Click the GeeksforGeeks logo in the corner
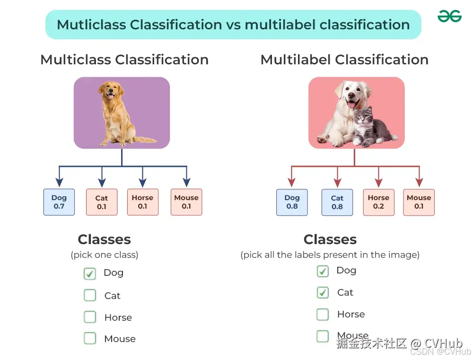pos(449,17)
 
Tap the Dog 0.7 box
pos(59,202)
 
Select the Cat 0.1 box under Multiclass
pos(102,202)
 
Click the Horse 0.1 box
pos(142,202)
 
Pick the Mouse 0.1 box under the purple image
pos(186,202)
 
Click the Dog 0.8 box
pos(292,202)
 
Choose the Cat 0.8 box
pos(337,202)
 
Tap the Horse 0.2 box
pos(378,202)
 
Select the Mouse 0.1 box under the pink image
pos(419,202)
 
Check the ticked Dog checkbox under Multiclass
pos(89,273)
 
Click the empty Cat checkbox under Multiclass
pos(89,295)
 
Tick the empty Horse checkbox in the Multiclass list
pos(89,317)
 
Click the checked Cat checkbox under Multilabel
pos(323,292)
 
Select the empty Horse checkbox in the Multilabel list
pos(323,314)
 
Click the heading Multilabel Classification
pos(344,60)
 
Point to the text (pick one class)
pos(105,255)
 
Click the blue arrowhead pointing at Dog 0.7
pos(59,182)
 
